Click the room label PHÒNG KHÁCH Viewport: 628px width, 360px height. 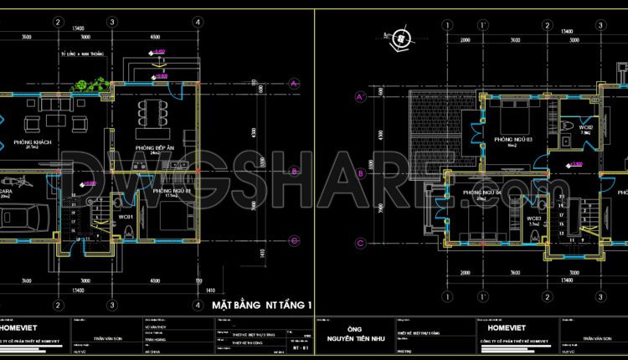coord(33,143)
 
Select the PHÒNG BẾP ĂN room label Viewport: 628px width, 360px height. coord(156,148)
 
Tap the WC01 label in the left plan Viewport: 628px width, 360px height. coord(126,218)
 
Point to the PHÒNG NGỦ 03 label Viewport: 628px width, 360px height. coord(513,138)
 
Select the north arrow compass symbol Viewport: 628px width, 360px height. coord(403,39)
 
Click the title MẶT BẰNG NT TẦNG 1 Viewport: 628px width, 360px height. coord(262,305)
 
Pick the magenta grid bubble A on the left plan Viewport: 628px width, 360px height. coord(294,83)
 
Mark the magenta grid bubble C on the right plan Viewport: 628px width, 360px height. coord(359,244)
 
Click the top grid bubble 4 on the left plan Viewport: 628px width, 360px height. coord(196,22)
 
